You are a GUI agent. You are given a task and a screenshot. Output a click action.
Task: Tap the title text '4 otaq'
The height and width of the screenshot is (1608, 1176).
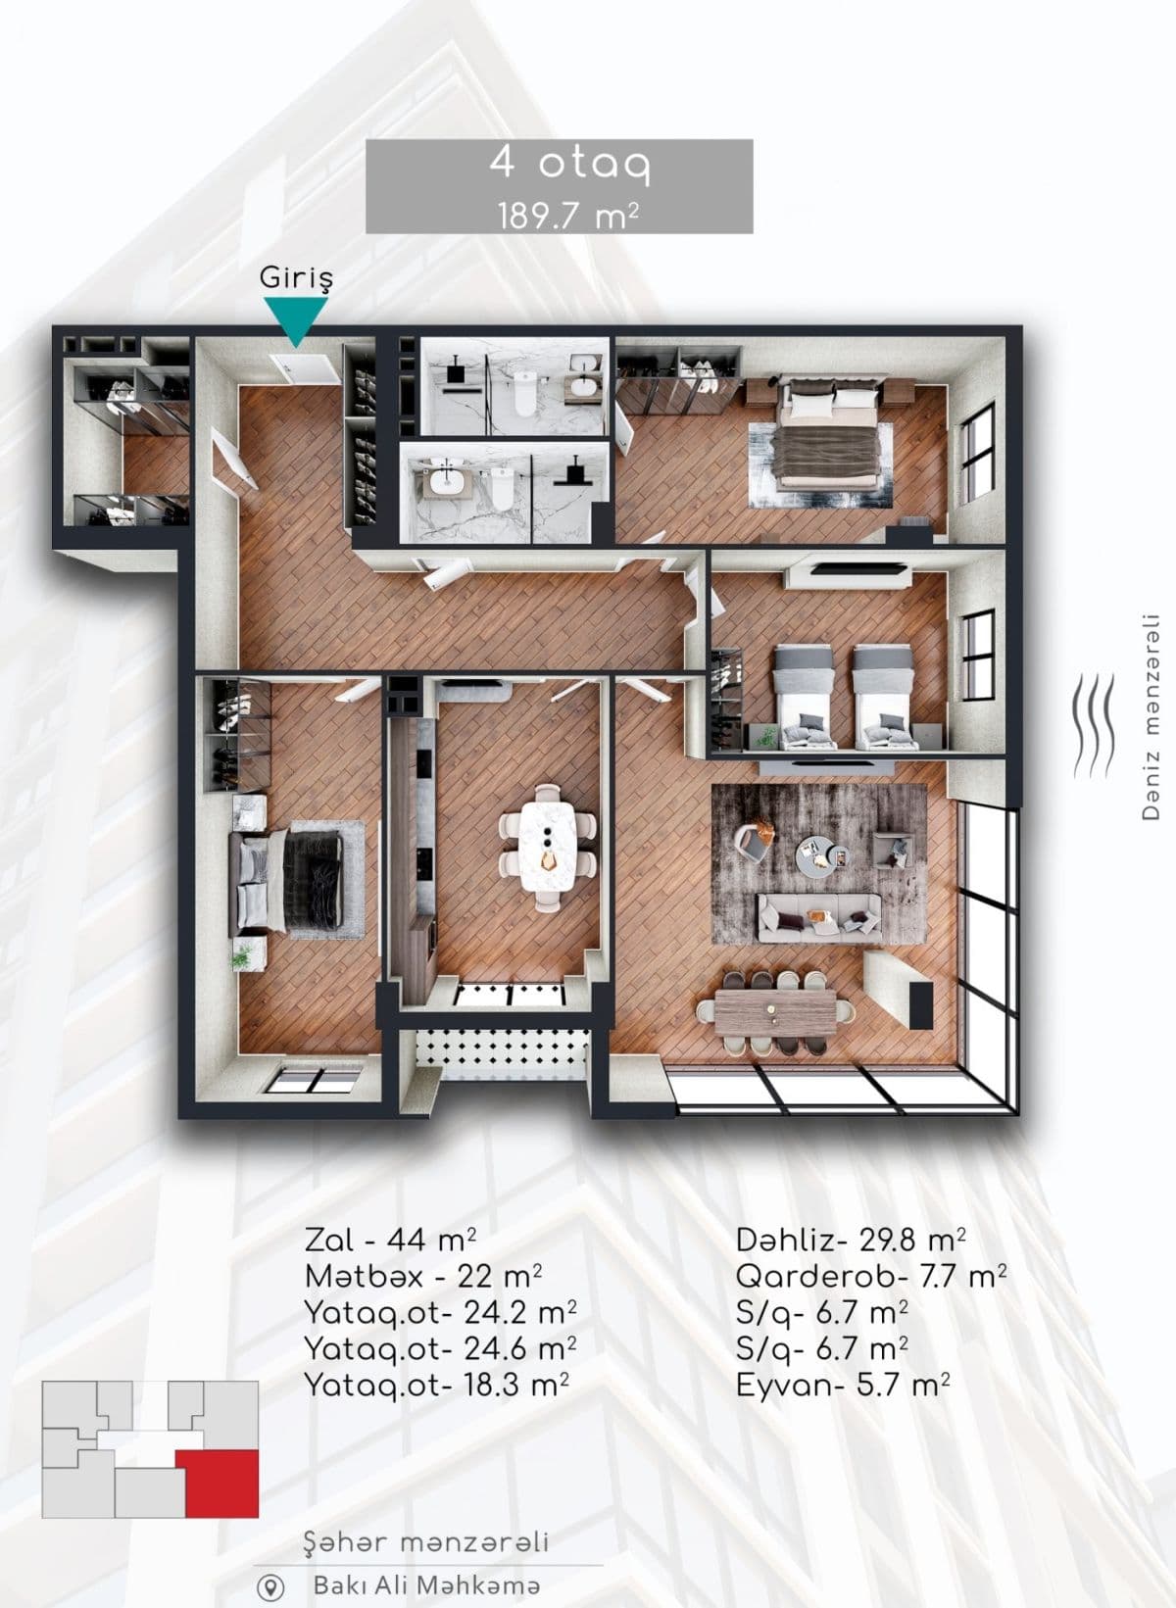(559, 164)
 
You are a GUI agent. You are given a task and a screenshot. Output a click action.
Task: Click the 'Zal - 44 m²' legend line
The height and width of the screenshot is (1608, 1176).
(391, 1240)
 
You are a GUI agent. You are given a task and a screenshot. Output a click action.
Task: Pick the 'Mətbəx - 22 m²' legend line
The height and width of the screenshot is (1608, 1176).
(423, 1277)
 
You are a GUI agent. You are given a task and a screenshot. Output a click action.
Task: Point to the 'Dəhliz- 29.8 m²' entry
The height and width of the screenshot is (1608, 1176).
(851, 1240)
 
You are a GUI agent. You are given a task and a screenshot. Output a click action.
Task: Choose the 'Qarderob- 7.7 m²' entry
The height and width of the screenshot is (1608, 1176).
(871, 1277)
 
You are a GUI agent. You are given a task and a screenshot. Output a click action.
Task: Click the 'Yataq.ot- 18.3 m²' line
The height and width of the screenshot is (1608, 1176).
(437, 1386)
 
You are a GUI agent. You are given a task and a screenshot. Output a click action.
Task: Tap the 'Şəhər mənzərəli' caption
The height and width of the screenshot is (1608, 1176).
(426, 1543)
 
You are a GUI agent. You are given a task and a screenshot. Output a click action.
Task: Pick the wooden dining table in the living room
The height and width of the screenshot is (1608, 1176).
(776, 1009)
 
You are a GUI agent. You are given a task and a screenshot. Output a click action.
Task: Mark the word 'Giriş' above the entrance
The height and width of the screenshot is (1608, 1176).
(296, 278)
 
